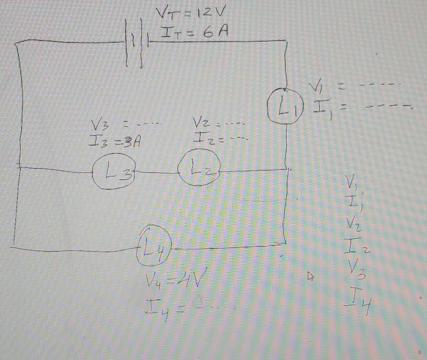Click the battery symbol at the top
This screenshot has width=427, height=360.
coord(135,51)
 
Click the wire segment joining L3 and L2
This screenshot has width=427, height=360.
coord(157,172)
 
